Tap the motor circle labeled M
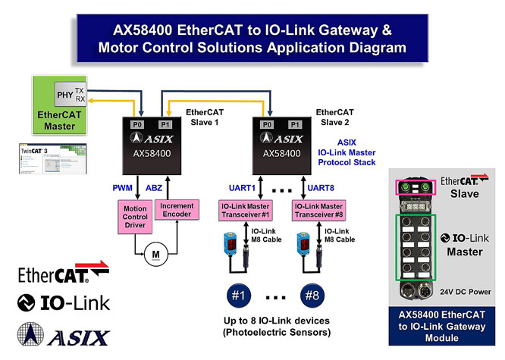156,255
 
